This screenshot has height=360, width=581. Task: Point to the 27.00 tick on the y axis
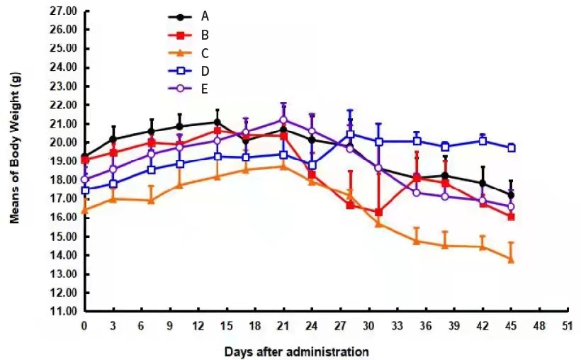click(x=64, y=11)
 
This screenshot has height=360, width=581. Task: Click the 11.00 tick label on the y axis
click(x=64, y=311)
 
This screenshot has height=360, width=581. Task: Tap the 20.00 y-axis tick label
click(x=64, y=142)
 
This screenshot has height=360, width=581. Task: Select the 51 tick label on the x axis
click(x=566, y=325)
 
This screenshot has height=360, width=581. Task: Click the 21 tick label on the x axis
click(x=283, y=325)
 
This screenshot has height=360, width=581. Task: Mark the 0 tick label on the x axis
click(x=84, y=325)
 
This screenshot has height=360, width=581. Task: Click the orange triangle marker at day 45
click(x=510, y=259)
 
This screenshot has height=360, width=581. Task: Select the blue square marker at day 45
click(x=510, y=148)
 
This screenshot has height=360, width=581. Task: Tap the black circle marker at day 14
click(x=217, y=122)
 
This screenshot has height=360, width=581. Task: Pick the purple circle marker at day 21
click(x=283, y=120)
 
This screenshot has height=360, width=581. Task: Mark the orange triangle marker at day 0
click(x=84, y=210)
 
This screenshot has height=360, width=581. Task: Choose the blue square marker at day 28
click(x=350, y=134)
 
